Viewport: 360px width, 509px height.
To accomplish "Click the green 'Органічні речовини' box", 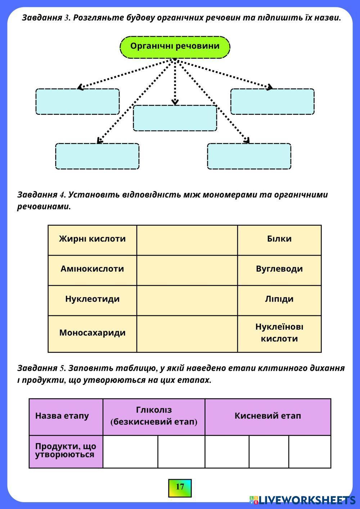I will coord(175,47).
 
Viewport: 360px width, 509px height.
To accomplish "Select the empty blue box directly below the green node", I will coord(175,118).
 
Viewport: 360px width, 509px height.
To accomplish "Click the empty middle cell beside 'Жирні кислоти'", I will coord(187,240).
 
